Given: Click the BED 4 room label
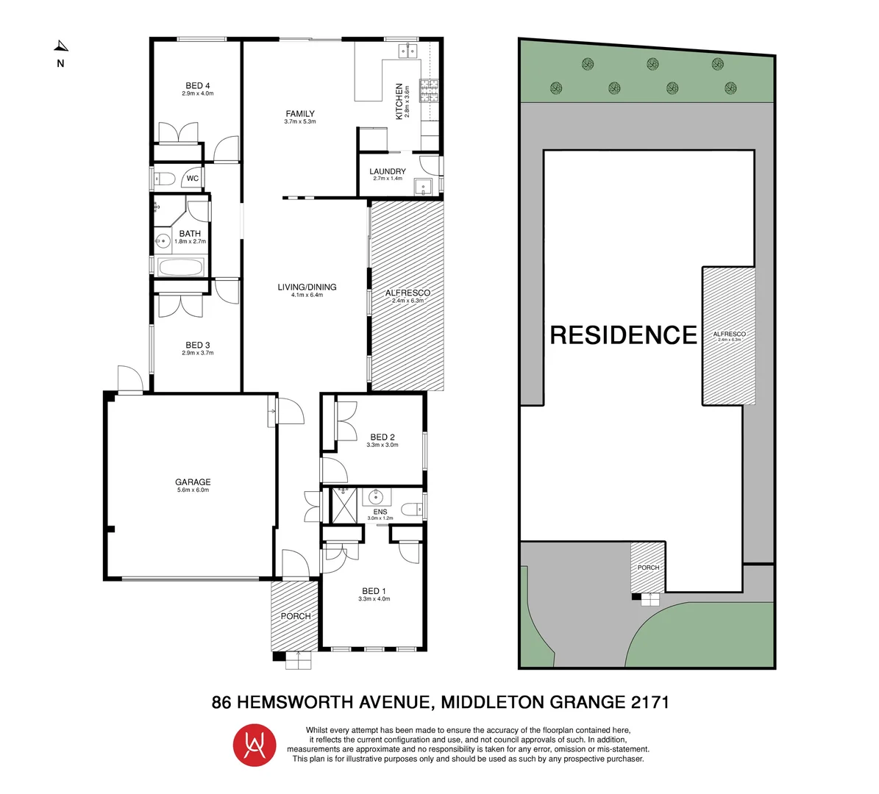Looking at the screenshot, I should pyautogui.click(x=198, y=86).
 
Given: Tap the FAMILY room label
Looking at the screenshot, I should pyautogui.click(x=300, y=114).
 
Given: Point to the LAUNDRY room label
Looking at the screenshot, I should pyautogui.click(x=388, y=171).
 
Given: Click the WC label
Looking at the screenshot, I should pyautogui.click(x=192, y=179).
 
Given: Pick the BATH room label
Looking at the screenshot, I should pyautogui.click(x=190, y=234).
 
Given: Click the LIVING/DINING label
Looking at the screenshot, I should pyautogui.click(x=307, y=287).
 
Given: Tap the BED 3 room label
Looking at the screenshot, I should pyautogui.click(x=198, y=346).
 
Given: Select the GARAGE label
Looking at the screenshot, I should pyautogui.click(x=193, y=483).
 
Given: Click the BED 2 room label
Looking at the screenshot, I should pyautogui.click(x=382, y=437).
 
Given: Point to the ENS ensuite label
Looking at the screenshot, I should pyautogui.click(x=380, y=512).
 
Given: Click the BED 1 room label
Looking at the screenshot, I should pyautogui.click(x=374, y=591).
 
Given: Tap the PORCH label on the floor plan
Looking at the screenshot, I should pyautogui.click(x=296, y=616).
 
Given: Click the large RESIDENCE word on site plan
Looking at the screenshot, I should pyautogui.click(x=623, y=335).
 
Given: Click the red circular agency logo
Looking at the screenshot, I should pyautogui.click(x=255, y=745).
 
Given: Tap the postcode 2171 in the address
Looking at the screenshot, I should pyautogui.click(x=650, y=702).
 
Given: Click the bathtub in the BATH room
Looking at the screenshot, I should pyautogui.click(x=180, y=268).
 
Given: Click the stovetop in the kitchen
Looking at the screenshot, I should pyautogui.click(x=430, y=90).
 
